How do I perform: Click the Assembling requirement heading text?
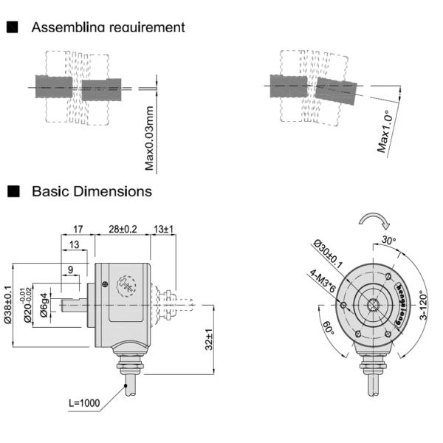108,27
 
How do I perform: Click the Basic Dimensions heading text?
92,191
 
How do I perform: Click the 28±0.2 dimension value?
123,230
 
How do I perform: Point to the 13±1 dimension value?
163,230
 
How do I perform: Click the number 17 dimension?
77,230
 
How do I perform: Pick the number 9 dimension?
72,270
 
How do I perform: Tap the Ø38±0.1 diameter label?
9,305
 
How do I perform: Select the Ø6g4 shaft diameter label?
45,305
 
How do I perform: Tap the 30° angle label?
389,241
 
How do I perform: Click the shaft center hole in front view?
371,305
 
